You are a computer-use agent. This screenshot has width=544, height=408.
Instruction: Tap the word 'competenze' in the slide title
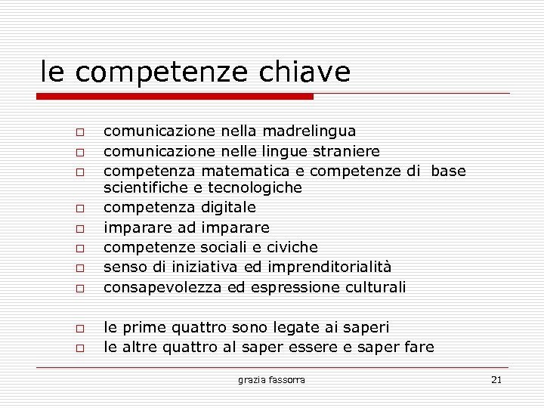[162, 73]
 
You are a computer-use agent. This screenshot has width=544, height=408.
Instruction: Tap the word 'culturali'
[375, 287]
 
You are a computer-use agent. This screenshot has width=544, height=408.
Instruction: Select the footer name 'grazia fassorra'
[271, 379]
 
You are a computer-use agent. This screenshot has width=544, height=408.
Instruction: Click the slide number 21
[496, 379]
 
